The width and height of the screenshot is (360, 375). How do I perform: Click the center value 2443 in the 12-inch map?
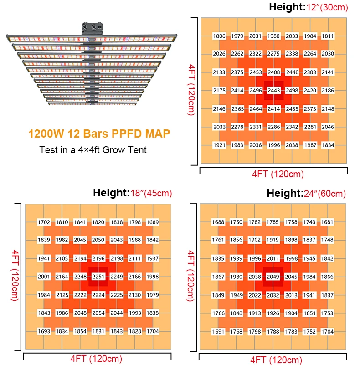pyautogui.click(x=273, y=91)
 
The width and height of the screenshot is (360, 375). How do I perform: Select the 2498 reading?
pyautogui.click(x=292, y=91)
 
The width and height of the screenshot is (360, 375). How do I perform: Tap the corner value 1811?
pyautogui.click(x=328, y=36)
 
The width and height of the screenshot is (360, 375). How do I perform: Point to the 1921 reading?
pyautogui.click(x=219, y=145)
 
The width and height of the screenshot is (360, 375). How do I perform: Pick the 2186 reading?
pyautogui.click(x=328, y=91)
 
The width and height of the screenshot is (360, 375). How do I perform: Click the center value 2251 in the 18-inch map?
pyautogui.click(x=98, y=277)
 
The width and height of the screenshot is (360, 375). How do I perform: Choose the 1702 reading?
pyautogui.click(x=44, y=222)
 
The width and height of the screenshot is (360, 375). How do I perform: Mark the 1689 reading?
pyautogui.click(x=153, y=222)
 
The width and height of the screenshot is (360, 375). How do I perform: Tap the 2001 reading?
pyautogui.click(x=44, y=277)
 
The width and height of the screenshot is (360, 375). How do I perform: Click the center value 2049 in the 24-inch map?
pyautogui.click(x=273, y=277)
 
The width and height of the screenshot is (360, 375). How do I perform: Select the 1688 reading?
pyautogui.click(x=218, y=222)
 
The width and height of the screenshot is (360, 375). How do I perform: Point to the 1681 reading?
pyautogui.click(x=327, y=222)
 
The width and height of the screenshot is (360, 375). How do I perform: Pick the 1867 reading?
pyautogui.click(x=218, y=277)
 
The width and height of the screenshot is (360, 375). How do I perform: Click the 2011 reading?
pyautogui.click(x=273, y=259)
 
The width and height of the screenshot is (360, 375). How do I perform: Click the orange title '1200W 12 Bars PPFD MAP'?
pyautogui.click(x=99, y=134)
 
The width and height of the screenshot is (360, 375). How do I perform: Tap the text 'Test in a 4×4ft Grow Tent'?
pyautogui.click(x=93, y=149)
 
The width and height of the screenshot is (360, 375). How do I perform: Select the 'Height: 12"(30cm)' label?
pyautogui.click(x=308, y=7)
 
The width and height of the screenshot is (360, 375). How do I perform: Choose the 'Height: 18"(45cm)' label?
pyautogui.click(x=132, y=193)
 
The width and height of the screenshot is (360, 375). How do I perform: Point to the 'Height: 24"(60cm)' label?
pyautogui.click(x=306, y=194)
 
